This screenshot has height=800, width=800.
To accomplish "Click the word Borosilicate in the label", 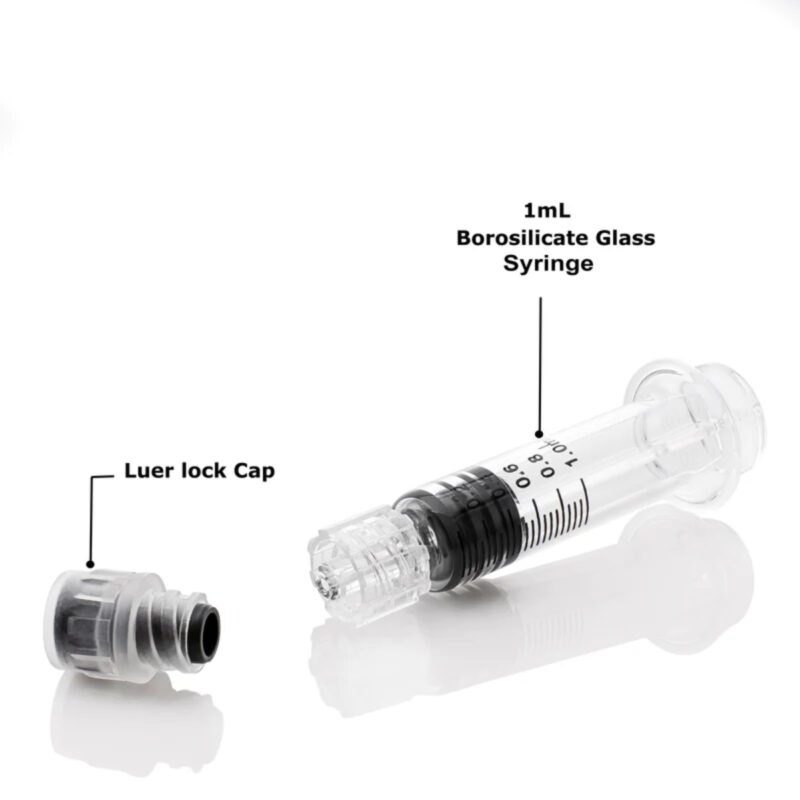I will point(505,238).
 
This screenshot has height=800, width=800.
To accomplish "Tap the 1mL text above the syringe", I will point(544,211).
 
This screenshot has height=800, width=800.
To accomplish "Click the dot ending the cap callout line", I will point(88,567).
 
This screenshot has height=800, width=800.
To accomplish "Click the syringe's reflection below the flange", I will point(690,560).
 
